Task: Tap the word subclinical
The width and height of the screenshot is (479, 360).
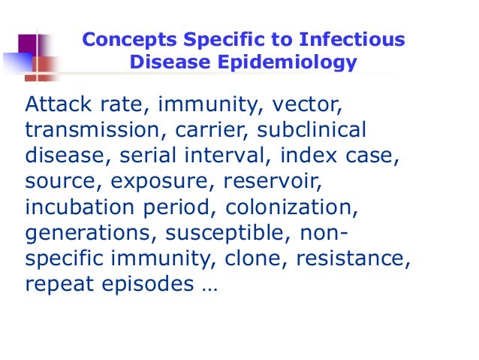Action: tap(312, 129)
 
